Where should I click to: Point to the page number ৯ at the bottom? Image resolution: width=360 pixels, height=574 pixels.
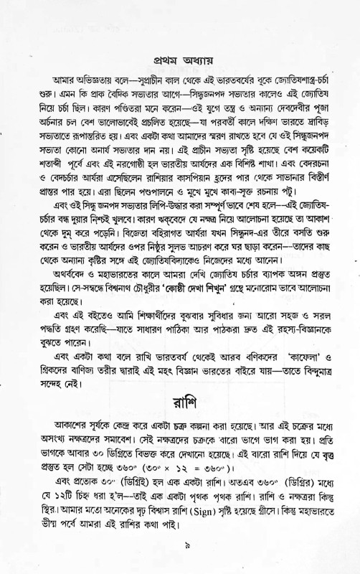(186, 546)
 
